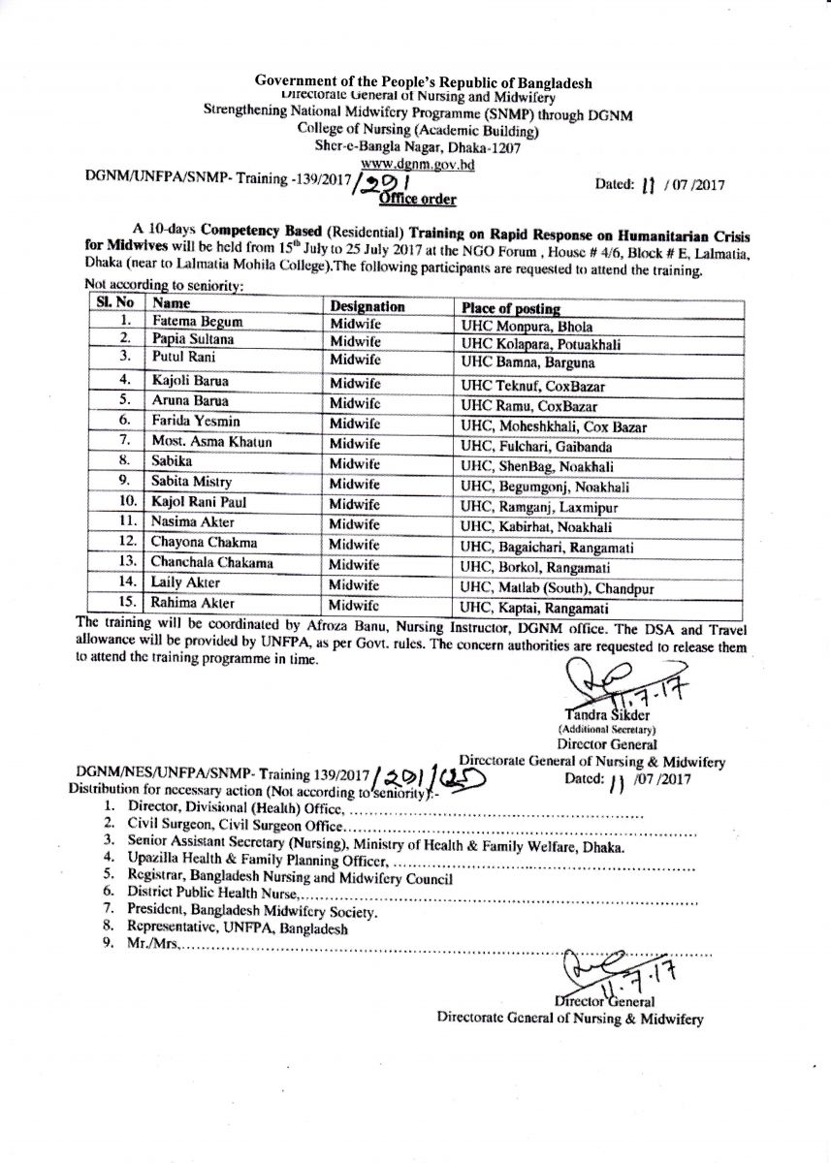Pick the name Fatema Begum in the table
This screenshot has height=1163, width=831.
point(193,322)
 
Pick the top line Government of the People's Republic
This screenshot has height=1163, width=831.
point(423,83)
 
